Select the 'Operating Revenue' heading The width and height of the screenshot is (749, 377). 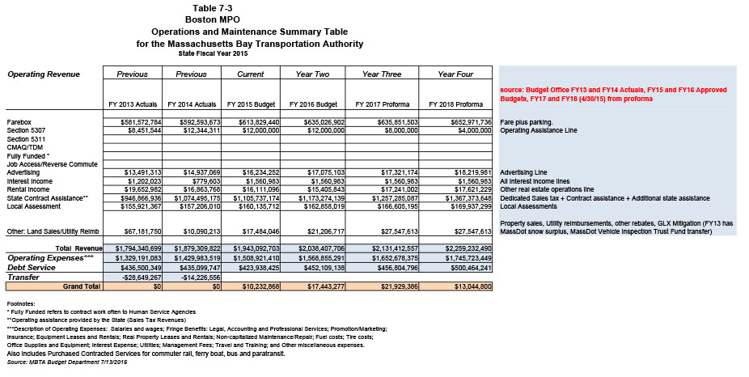coord(44,74)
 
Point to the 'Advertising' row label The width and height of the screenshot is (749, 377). coord(23,172)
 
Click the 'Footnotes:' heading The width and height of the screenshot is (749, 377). coord(21,301)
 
